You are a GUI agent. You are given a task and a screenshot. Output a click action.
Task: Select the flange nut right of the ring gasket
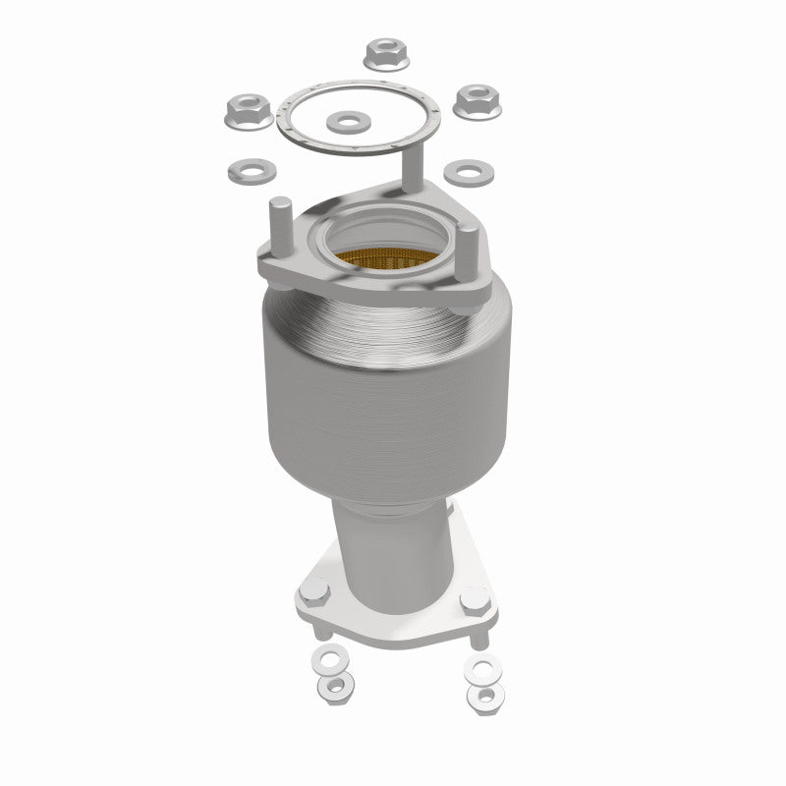[477, 99]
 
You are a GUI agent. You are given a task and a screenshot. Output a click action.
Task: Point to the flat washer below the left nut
[245, 172]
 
